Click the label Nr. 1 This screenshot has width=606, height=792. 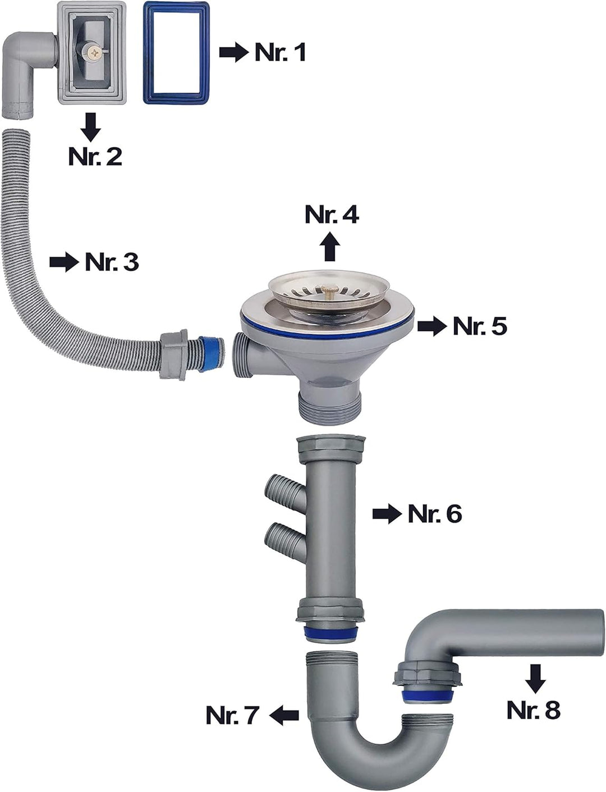280,52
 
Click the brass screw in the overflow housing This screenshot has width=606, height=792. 97,53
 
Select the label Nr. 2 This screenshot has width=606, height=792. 95,156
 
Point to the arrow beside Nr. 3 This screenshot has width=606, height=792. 64,263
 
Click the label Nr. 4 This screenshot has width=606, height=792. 332,215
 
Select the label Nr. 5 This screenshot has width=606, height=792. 480,326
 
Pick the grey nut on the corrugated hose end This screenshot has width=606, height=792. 174,356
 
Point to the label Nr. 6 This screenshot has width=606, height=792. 435,514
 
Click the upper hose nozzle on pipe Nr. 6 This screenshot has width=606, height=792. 285,491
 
